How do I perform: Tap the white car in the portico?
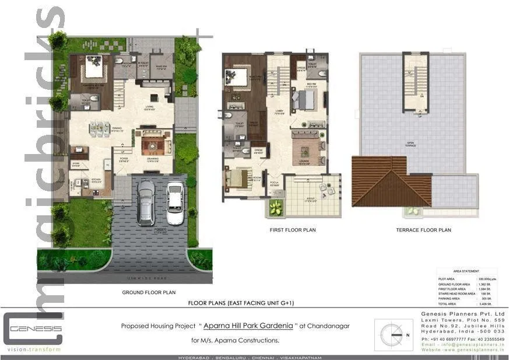(175, 203)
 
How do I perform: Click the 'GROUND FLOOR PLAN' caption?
(149, 292)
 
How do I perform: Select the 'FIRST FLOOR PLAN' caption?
(293, 230)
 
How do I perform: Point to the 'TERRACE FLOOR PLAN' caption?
(423, 230)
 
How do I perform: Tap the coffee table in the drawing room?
(153, 142)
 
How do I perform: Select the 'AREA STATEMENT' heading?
(466, 271)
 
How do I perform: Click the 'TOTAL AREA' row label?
(448, 304)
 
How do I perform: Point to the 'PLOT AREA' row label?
(447, 279)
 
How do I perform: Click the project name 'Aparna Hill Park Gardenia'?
(248, 326)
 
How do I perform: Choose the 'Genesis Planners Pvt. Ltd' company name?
(463, 314)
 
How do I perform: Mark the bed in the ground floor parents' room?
(93, 70)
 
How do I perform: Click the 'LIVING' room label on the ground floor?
(150, 107)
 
